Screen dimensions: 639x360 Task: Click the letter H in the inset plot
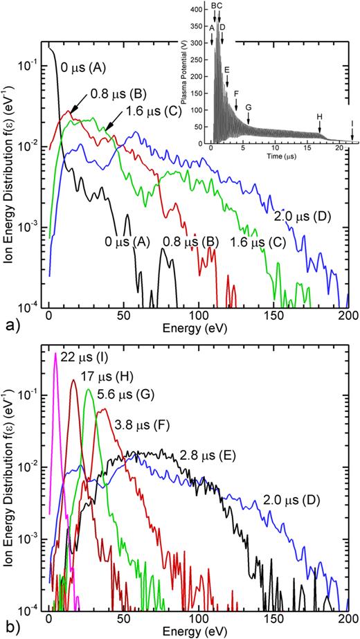pyautogui.click(x=320, y=116)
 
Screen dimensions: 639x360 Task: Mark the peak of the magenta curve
pyautogui.click(x=55, y=353)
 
